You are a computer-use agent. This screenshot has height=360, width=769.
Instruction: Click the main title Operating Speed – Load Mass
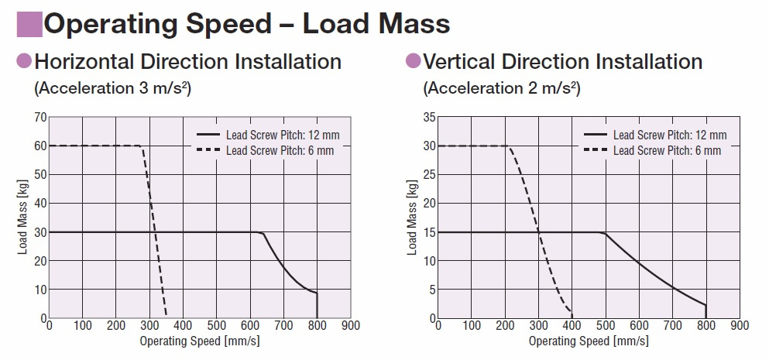tap(246, 23)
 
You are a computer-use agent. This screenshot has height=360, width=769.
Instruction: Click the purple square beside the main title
tap(29, 24)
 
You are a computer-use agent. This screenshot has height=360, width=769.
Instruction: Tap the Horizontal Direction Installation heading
tap(187, 61)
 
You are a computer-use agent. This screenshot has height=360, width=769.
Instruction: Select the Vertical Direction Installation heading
tap(563, 61)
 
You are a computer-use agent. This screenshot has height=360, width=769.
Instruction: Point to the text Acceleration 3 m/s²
tap(112, 87)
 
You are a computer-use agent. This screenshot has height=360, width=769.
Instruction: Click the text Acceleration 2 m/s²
tap(501, 87)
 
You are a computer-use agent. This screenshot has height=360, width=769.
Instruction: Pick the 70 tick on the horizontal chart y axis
tap(39, 117)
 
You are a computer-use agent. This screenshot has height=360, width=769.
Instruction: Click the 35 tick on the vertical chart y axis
tap(428, 117)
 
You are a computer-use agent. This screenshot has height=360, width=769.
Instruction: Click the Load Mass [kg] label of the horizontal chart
tap(23, 218)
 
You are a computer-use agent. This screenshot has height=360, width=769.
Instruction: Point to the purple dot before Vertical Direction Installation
tap(413, 60)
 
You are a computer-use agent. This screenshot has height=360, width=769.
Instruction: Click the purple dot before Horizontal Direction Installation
tap(24, 60)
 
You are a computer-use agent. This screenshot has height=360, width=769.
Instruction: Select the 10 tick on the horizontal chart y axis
tap(39, 290)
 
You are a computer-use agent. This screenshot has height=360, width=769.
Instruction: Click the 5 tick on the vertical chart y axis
tap(431, 290)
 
